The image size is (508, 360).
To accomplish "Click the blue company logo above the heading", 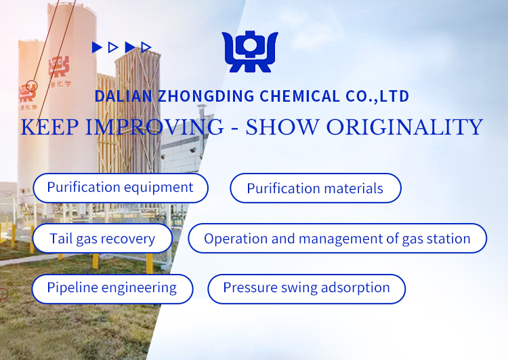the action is (250, 52).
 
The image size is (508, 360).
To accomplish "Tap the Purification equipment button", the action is (120, 188).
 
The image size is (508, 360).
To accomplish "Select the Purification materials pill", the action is (316, 188).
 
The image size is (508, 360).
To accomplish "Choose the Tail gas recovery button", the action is (102, 239).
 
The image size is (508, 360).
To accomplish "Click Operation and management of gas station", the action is (337, 239).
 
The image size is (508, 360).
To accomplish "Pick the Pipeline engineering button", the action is (112, 289).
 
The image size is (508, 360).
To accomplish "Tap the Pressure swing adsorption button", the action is (306, 289).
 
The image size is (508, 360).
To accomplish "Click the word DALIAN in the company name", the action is (123, 96).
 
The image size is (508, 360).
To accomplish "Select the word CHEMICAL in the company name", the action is (299, 96).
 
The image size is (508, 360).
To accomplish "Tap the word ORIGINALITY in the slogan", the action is (404, 127).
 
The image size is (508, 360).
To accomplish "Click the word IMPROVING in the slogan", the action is (154, 127).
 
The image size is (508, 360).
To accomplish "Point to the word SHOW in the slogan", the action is (282, 127).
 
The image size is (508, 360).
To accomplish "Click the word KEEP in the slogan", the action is (49, 127).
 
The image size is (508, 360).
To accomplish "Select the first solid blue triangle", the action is (97, 47).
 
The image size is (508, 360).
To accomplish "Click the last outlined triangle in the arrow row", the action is (146, 47).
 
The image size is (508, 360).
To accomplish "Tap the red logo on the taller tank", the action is (59, 66).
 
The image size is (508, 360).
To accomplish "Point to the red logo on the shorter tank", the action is (27, 93).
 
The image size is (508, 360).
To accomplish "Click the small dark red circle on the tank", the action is (32, 86).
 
